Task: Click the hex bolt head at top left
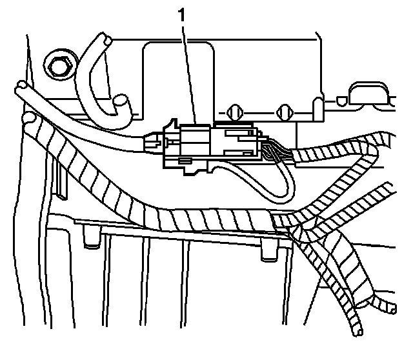pos(55,65)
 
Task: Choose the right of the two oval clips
pos(281,112)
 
